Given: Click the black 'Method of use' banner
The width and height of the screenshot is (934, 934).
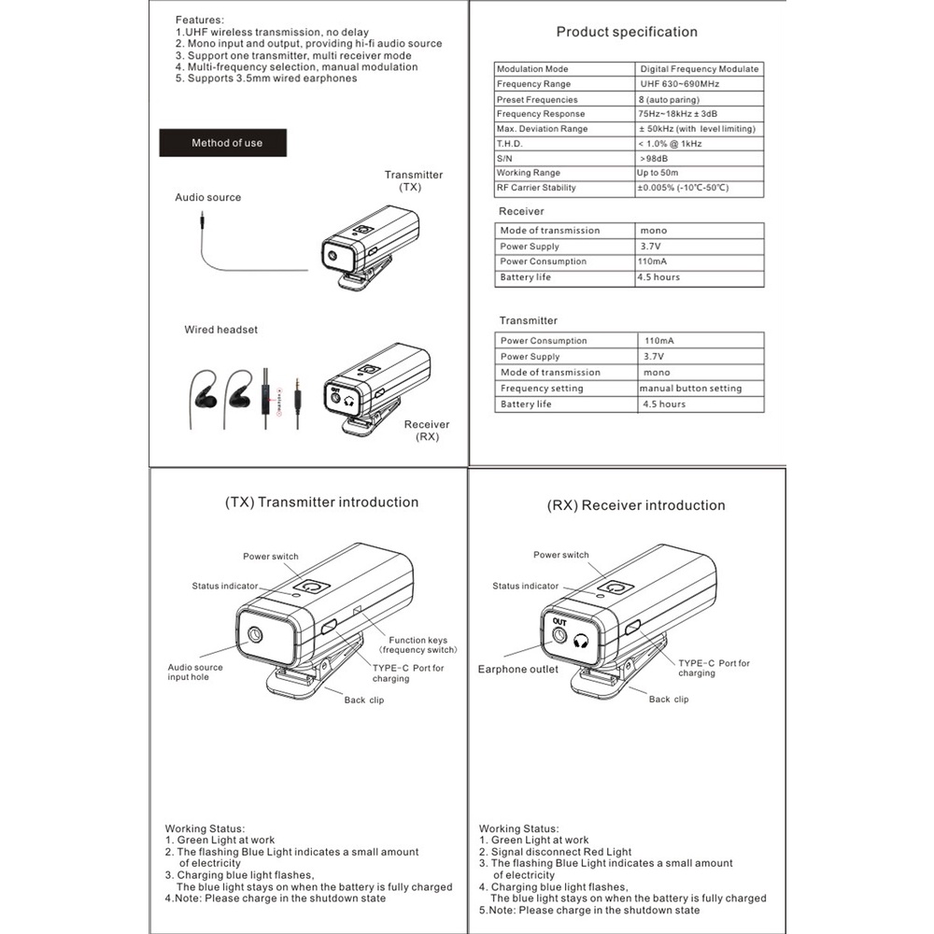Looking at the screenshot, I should point(227,143).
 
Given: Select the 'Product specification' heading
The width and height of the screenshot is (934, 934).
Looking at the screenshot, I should point(627,32).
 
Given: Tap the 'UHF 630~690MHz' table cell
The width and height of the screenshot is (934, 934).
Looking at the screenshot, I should point(679,84).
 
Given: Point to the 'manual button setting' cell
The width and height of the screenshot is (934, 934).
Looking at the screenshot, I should point(690,389).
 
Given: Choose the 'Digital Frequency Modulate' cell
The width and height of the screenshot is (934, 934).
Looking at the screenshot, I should point(700,69).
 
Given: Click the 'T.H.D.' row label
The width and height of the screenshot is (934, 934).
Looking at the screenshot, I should point(510,144).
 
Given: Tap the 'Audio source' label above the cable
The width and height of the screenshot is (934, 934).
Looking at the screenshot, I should point(207,198).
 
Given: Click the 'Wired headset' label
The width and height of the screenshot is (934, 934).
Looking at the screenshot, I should point(220,330).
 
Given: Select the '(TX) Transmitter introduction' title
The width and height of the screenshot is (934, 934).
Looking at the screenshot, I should point(321,502).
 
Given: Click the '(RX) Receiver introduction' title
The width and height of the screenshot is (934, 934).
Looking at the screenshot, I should point(635,505).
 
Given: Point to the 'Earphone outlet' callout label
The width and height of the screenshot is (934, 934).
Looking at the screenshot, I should point(518,669).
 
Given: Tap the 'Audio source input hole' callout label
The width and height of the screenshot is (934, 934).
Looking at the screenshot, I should point(195,672).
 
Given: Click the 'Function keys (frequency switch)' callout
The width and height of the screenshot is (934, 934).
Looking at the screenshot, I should point(417,644).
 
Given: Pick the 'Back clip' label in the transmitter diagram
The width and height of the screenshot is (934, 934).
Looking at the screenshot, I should point(363,700).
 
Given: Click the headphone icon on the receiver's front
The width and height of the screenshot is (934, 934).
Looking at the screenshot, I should point(583,641).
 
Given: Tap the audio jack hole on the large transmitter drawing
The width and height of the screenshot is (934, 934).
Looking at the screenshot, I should point(254,636).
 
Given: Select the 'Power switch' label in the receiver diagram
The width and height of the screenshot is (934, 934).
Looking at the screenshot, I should point(560,555).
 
